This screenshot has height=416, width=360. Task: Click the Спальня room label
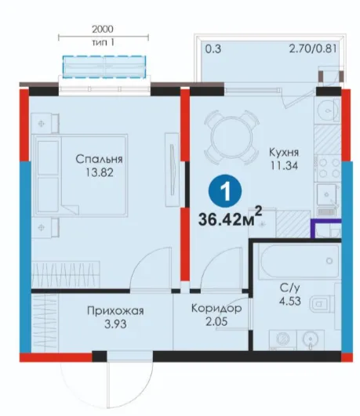(99, 160)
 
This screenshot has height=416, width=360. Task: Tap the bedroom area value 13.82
(100, 172)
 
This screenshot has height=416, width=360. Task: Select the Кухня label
(284, 153)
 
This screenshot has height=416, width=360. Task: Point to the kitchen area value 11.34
(284, 165)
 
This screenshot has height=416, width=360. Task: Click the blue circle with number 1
(225, 191)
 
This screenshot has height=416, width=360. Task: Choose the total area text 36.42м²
(230, 218)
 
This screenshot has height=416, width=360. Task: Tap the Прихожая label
(115, 311)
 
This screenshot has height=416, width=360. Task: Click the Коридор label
(216, 309)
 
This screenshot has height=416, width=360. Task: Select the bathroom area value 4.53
(290, 301)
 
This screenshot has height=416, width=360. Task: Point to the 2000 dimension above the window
(103, 29)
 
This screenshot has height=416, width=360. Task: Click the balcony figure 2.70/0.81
(313, 49)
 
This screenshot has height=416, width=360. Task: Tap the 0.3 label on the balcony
(213, 49)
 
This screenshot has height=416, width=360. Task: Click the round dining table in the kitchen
(231, 138)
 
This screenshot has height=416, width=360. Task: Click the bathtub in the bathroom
(300, 262)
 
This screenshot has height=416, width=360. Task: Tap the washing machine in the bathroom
(283, 339)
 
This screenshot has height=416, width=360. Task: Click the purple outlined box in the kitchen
(326, 228)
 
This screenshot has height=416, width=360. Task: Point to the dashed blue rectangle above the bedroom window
(104, 67)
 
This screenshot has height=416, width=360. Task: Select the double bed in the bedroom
(81, 175)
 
